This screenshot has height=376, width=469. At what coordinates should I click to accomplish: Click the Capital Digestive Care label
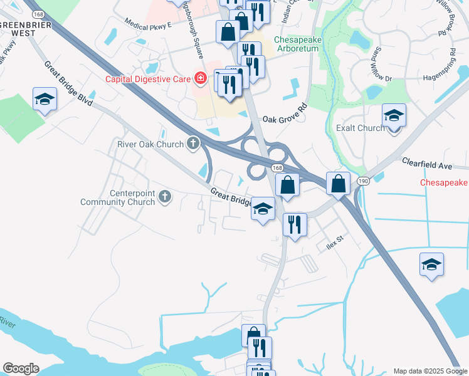(x=149, y=79)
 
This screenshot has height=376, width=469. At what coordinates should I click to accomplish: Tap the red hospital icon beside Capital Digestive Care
(x=200, y=78)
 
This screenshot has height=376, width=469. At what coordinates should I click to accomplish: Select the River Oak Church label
(x=150, y=144)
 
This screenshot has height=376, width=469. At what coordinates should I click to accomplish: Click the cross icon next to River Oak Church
(x=192, y=144)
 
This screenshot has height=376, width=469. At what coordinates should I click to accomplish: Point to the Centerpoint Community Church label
(x=118, y=197)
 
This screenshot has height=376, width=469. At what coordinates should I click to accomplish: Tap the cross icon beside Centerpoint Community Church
(x=164, y=197)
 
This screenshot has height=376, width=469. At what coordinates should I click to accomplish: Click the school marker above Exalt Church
(x=394, y=115)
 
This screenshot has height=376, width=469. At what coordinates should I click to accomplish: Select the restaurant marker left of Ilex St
(x=295, y=223)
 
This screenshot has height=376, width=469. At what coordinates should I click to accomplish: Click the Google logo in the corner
(x=21, y=368)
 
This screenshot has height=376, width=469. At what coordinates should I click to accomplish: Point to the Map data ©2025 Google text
(x=429, y=371)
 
